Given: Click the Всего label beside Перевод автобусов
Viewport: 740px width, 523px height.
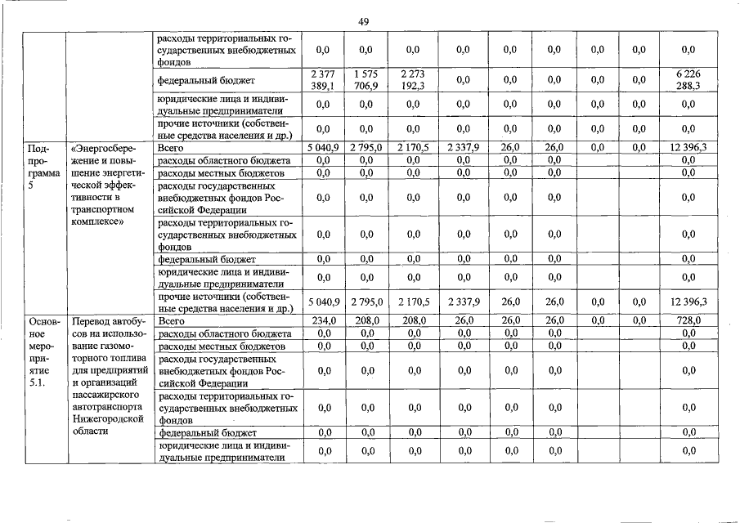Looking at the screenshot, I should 171,321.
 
